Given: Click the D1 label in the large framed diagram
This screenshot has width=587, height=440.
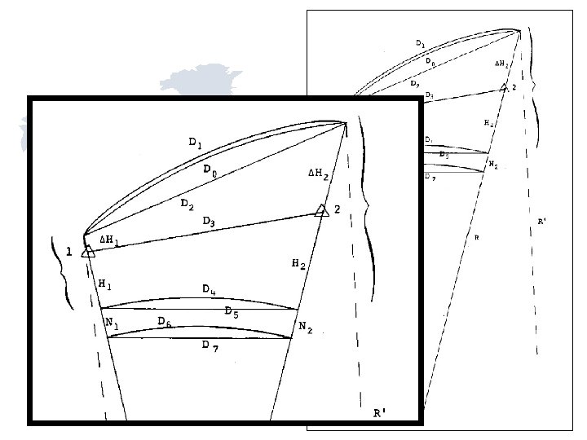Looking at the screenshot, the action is (x=196, y=143).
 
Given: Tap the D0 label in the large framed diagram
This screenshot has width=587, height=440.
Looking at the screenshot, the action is (x=210, y=171).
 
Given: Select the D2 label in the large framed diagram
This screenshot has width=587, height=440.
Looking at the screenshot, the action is (x=188, y=204).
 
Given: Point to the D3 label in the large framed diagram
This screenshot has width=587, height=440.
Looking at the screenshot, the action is (x=210, y=222).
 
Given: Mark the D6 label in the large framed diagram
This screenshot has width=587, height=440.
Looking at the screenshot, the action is (x=165, y=322).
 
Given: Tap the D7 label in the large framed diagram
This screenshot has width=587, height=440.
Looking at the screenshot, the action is (x=210, y=345).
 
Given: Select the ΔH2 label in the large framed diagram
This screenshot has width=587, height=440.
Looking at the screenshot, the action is (x=319, y=174).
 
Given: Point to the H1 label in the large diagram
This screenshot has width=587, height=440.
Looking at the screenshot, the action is (x=104, y=284).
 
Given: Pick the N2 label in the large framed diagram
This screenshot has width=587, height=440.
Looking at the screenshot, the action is (x=306, y=327).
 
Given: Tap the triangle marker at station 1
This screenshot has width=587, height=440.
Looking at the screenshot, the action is (x=89, y=251).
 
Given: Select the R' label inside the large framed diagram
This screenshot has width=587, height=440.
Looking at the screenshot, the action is (x=380, y=414).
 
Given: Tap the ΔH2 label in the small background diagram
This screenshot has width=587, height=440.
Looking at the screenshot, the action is (x=502, y=63).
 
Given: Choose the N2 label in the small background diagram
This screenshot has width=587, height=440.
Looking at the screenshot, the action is (x=493, y=165).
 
